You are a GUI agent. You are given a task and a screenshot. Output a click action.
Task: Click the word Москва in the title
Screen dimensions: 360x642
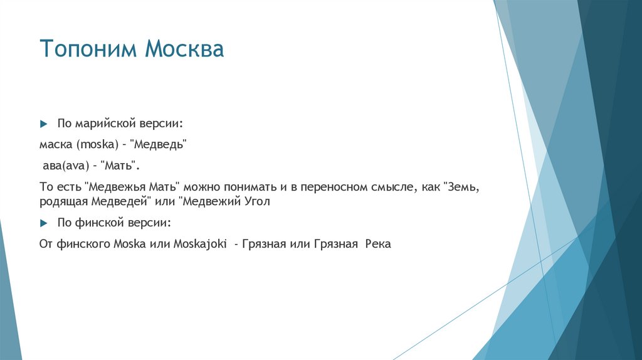[x=185, y=49]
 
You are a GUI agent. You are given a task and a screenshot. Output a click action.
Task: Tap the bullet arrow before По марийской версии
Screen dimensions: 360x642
[x=43, y=123]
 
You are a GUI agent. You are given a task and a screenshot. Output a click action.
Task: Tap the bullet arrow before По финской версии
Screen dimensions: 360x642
[x=43, y=223]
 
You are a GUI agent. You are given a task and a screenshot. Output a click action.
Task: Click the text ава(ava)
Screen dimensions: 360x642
[x=63, y=166]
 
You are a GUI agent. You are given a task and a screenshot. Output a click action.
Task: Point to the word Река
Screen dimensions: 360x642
[x=376, y=244]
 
